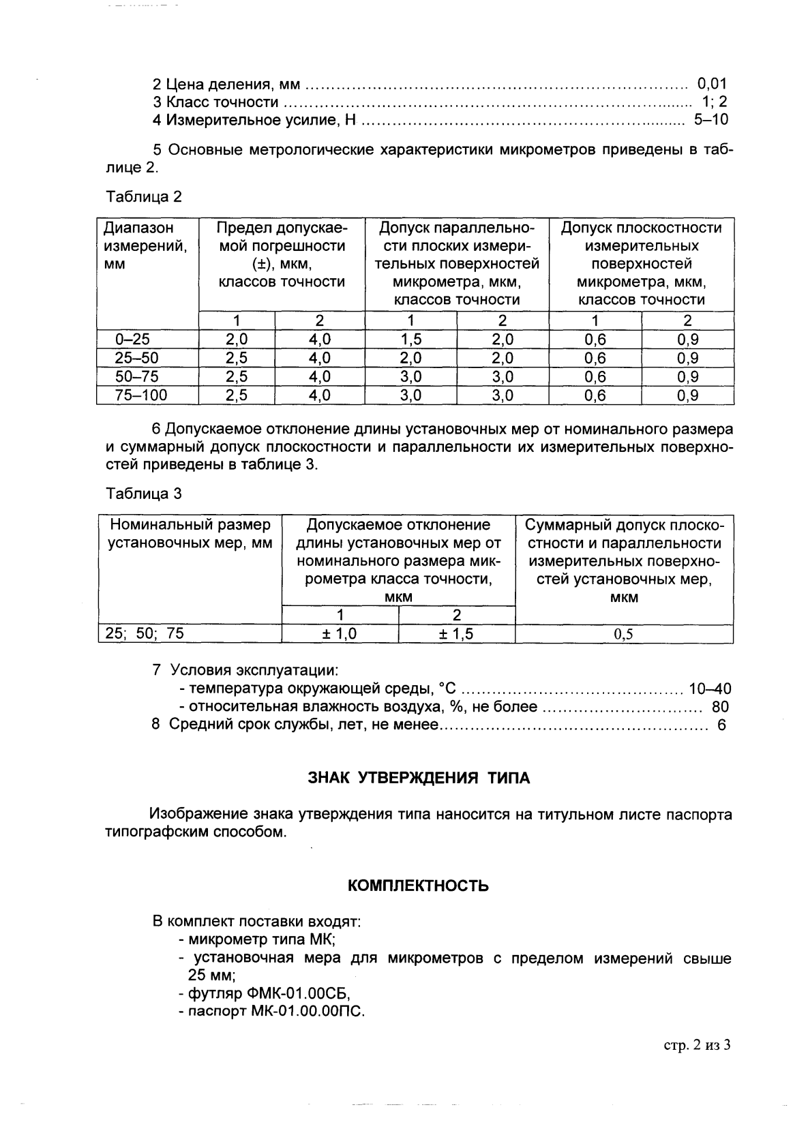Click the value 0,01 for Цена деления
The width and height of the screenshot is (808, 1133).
(x=712, y=84)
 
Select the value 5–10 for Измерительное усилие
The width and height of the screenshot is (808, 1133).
(x=710, y=121)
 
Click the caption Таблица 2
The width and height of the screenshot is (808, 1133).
(x=144, y=197)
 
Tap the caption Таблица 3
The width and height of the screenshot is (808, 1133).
(x=144, y=494)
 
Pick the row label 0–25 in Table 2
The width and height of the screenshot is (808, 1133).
(x=132, y=339)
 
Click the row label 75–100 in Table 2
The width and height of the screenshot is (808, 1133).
(x=141, y=395)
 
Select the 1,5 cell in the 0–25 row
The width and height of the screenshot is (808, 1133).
(x=410, y=339)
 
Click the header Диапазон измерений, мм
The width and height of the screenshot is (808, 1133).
(x=145, y=245)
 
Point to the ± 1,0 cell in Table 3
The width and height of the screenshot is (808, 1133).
(x=340, y=634)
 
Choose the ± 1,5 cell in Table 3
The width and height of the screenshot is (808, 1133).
(x=455, y=634)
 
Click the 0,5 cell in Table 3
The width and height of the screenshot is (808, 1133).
(x=623, y=635)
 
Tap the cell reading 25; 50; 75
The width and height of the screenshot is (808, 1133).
(x=144, y=633)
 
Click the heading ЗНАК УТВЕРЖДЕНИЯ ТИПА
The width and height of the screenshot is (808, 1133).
(x=419, y=778)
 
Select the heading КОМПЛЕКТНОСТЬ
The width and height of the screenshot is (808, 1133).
(x=418, y=886)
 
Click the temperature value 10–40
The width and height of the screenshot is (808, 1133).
(x=710, y=689)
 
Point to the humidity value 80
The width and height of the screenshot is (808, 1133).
(x=720, y=707)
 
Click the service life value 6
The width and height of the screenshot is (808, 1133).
(x=721, y=725)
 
